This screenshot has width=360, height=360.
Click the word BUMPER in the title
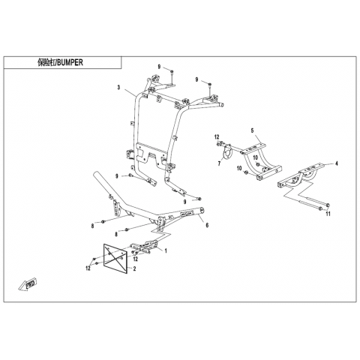70,62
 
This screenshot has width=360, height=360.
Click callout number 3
118,87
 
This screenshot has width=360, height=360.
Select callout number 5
252,130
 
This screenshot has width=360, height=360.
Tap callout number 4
337,163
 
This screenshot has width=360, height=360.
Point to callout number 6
207,225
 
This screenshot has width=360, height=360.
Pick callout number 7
219,163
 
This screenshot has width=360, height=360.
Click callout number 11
328,214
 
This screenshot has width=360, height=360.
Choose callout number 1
166,250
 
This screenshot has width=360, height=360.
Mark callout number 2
134,268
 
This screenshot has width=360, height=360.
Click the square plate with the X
115,259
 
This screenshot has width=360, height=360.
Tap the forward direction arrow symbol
27,285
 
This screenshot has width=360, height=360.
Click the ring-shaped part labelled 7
227,153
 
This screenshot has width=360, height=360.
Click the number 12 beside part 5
217,137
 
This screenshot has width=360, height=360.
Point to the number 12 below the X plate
88,268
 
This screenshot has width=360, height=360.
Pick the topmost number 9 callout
159,67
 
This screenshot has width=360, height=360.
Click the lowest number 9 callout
184,202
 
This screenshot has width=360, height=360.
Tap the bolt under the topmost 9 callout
172,72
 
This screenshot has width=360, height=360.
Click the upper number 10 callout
255,157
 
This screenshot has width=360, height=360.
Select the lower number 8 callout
116,234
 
